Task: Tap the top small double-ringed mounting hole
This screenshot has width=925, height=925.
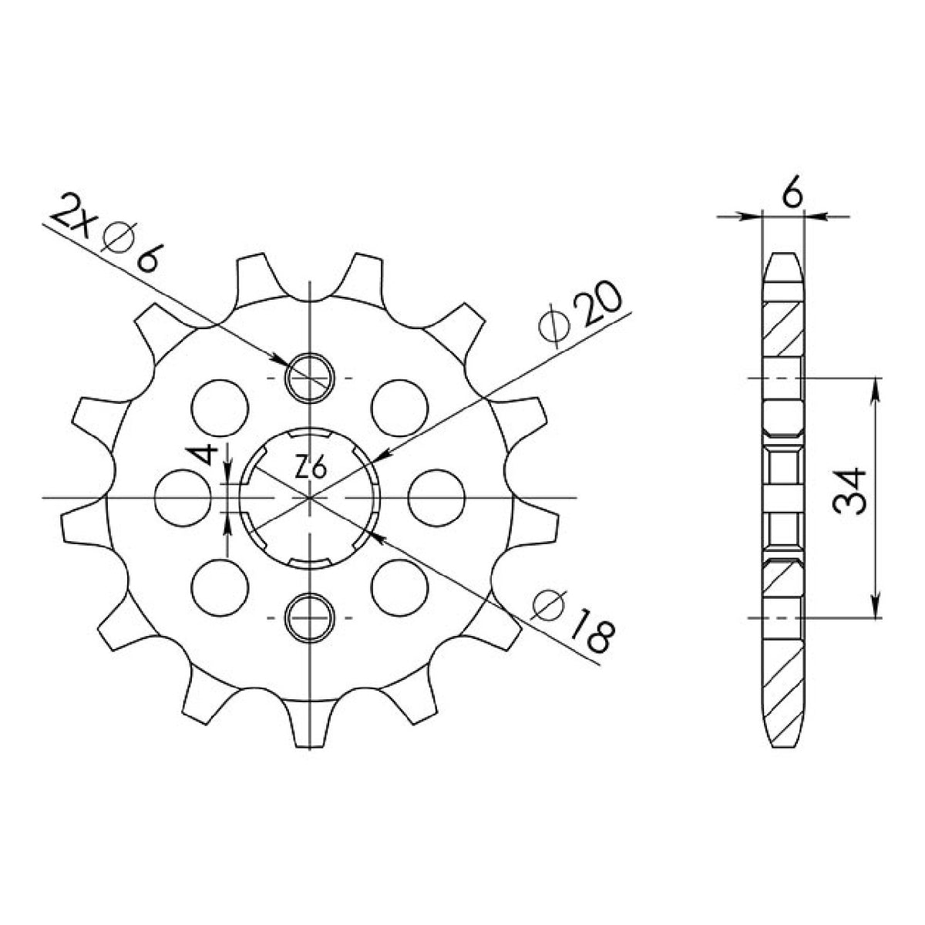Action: pos(310,378)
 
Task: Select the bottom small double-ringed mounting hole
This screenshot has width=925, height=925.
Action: pos(310,617)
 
